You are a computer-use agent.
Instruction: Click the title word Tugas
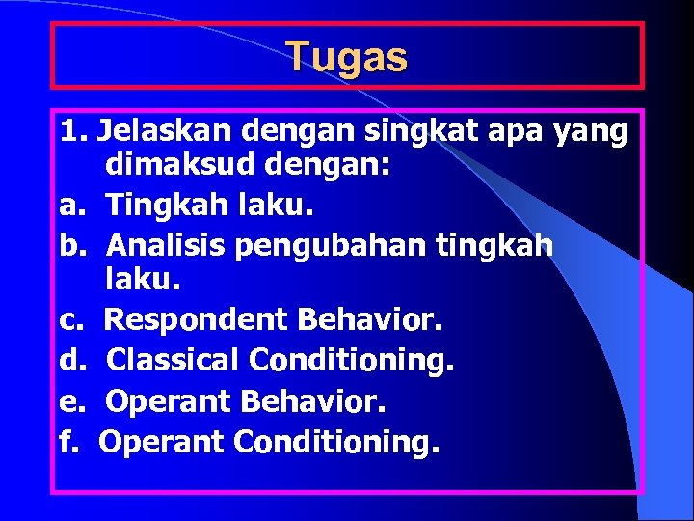click(347, 57)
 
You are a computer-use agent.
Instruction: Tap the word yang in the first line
click(589, 129)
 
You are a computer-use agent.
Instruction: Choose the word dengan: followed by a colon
click(324, 166)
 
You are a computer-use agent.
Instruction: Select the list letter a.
click(68, 206)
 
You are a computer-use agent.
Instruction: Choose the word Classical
click(173, 362)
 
